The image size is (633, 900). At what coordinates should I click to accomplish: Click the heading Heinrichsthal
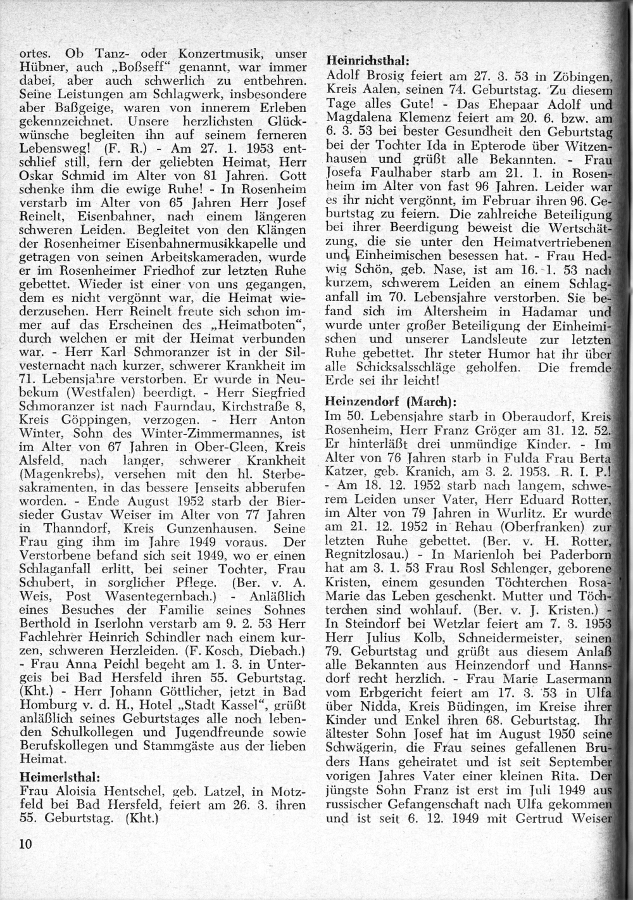point(367,61)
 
